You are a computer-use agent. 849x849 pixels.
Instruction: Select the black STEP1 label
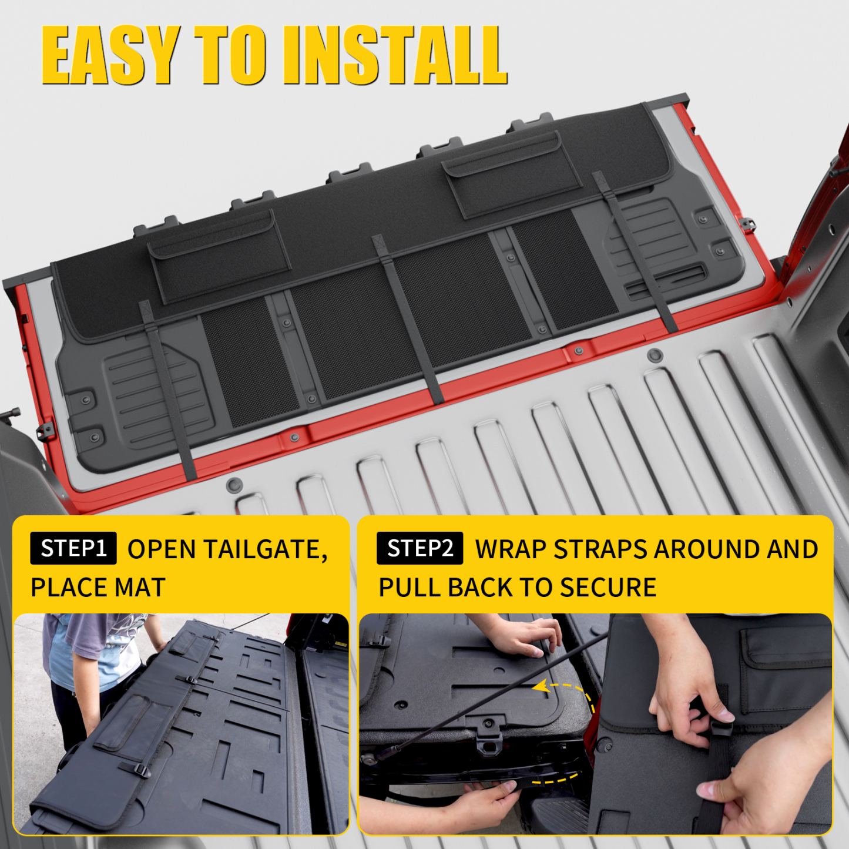[x=73, y=548]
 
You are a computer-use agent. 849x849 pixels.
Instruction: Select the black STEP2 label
[x=420, y=548]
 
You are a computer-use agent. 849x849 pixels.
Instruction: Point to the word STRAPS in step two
[x=600, y=550]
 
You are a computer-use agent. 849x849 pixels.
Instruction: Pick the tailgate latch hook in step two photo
[x=488, y=737]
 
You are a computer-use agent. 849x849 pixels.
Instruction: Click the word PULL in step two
[x=409, y=588]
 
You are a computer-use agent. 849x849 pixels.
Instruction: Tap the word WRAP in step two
[x=511, y=550]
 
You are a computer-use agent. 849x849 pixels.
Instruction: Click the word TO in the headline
[x=229, y=56]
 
